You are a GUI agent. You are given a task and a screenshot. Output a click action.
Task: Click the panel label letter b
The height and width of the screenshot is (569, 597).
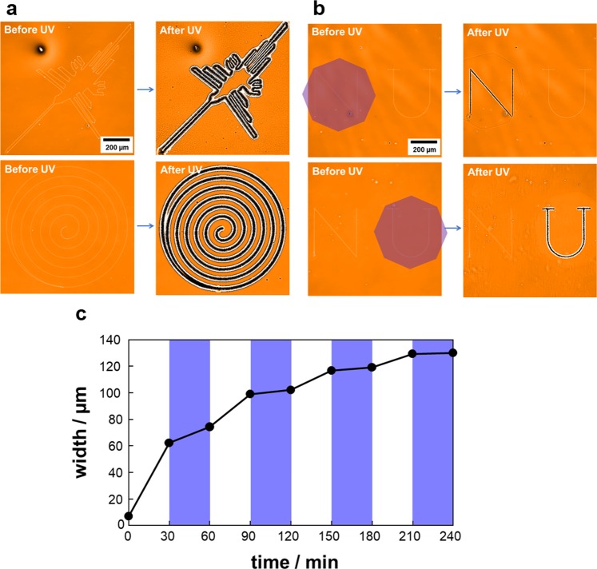tap(319, 10)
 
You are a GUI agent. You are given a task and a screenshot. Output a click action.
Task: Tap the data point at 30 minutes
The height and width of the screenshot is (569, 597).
tap(169, 442)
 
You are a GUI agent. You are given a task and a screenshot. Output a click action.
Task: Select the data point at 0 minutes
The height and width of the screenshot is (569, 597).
tap(129, 515)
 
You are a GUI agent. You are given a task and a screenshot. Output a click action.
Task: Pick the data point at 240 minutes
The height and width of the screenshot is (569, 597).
tap(452, 352)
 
